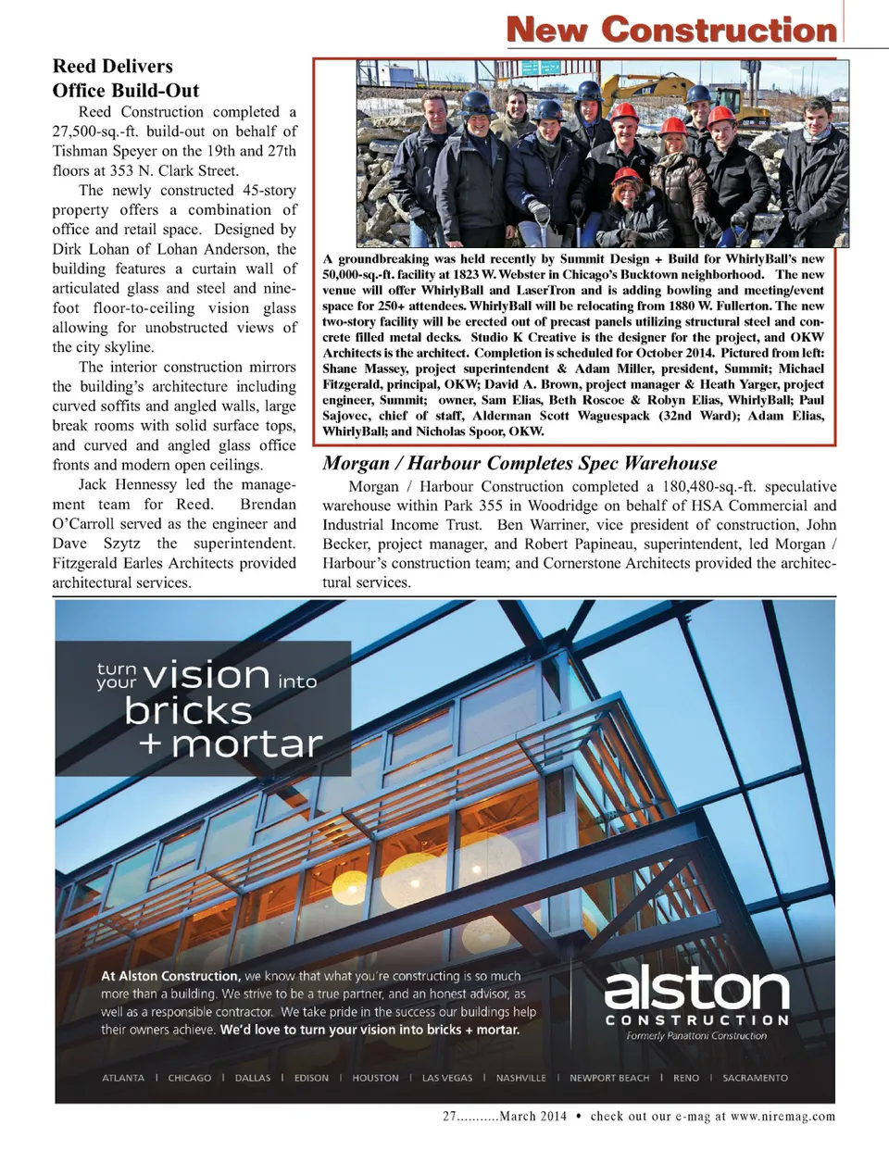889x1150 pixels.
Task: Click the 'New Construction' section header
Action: click(671, 29)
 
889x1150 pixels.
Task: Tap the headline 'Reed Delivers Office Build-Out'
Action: click(126, 78)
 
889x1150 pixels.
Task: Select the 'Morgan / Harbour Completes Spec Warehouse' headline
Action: click(520, 463)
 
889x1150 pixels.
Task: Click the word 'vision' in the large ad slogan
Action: click(207, 675)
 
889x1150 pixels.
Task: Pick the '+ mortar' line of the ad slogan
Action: click(230, 744)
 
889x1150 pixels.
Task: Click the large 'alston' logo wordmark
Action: click(696, 988)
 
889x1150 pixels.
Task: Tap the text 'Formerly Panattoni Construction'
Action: click(696, 1035)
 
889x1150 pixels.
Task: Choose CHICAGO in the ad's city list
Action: click(189, 1078)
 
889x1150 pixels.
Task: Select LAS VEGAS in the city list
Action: click(447, 1078)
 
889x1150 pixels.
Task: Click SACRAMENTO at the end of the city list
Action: click(755, 1078)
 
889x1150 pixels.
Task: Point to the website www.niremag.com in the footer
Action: click(783, 1117)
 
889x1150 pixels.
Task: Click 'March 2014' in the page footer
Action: click(532, 1117)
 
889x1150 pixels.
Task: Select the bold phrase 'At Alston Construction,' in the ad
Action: click(169, 976)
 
